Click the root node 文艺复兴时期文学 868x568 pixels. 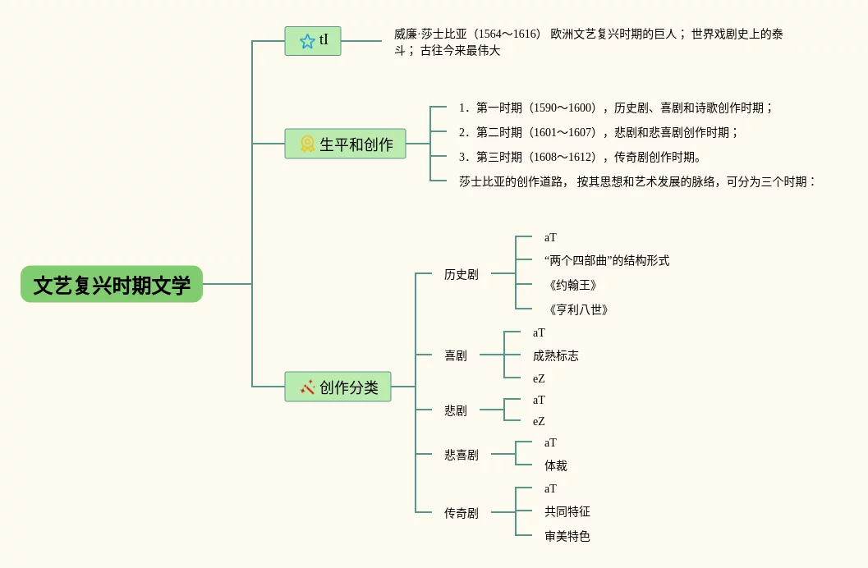pyautogui.click(x=111, y=284)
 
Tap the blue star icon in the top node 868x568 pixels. pyautogui.click(x=307, y=41)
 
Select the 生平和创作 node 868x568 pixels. pyautogui.click(x=345, y=144)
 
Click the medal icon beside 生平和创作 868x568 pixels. pyautogui.click(x=307, y=144)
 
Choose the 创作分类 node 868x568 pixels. pyautogui.click(x=338, y=387)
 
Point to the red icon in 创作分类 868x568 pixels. pyautogui.click(x=307, y=387)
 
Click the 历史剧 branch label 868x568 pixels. pyautogui.click(x=462, y=274)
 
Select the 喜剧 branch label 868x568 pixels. pyautogui.click(x=456, y=355)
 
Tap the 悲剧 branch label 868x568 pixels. pyautogui.click(x=456, y=410)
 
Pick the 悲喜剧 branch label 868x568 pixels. pyautogui.click(x=462, y=455)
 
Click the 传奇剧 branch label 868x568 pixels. pyautogui.click(x=462, y=513)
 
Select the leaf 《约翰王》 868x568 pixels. pyautogui.click(x=573, y=285)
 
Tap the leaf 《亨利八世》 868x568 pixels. pyautogui.click(x=578, y=309)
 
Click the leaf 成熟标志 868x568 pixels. pyautogui.click(x=556, y=355)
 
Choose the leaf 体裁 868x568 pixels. pyautogui.click(x=556, y=465)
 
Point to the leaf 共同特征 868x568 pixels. pyautogui.click(x=567, y=511)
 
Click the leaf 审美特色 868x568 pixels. pyautogui.click(x=567, y=536)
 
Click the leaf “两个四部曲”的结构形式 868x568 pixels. pyautogui.click(x=607, y=260)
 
